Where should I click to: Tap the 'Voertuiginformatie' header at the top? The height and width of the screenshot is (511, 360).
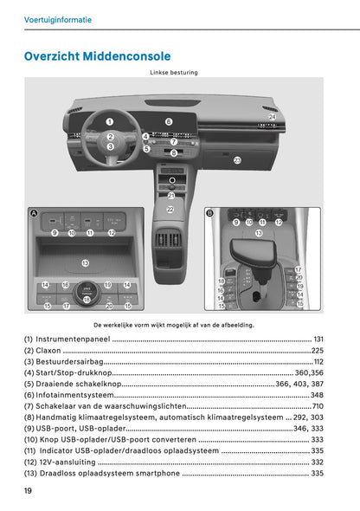click(57, 19)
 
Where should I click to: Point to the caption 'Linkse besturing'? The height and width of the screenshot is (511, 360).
click(173, 73)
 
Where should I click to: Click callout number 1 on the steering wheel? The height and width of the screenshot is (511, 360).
click(110, 122)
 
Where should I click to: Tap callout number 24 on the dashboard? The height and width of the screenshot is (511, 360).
click(272, 116)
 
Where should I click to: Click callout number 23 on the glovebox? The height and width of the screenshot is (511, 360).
click(237, 160)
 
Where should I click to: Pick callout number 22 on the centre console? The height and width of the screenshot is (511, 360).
click(170, 210)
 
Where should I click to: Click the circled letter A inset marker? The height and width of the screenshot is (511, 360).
click(33, 213)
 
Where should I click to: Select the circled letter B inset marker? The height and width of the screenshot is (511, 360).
click(209, 212)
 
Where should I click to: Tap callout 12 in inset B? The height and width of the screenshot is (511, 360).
click(279, 223)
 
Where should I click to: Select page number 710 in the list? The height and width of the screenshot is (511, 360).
click(318, 406)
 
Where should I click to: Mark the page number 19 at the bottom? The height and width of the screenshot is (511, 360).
click(29, 491)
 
